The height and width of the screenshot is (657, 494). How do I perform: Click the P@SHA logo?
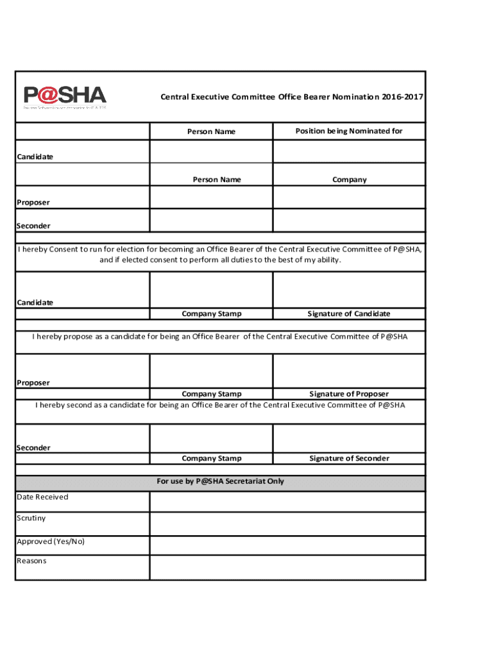(65, 97)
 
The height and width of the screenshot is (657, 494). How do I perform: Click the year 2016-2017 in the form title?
(402, 97)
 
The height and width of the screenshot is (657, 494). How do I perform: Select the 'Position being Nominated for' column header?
(349, 132)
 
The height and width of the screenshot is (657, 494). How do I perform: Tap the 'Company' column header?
(349, 180)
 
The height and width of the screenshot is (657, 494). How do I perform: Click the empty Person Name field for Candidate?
(211, 152)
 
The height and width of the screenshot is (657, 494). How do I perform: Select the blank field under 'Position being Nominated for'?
(349, 152)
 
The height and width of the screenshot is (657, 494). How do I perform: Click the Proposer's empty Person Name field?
(211, 198)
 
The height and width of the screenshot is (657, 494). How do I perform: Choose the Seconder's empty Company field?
(349, 220)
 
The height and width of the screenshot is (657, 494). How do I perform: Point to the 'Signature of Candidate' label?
(349, 314)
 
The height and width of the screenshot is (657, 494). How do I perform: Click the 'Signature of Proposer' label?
(349, 394)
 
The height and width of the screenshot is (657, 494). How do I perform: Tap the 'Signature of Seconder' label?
(349, 458)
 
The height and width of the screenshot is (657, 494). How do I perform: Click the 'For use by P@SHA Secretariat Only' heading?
(220, 481)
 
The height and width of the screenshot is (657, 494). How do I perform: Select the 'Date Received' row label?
(42, 497)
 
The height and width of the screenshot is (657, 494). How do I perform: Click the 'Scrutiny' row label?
(31, 518)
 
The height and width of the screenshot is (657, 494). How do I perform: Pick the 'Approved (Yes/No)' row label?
(51, 542)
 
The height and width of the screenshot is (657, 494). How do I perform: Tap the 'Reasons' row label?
(32, 561)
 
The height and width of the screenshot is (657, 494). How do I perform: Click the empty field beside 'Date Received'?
(287, 502)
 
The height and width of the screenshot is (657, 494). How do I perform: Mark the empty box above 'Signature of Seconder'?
(349, 438)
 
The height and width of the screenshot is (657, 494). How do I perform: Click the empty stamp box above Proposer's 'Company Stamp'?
(211, 371)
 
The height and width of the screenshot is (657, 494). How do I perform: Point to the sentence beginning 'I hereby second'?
(220, 405)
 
